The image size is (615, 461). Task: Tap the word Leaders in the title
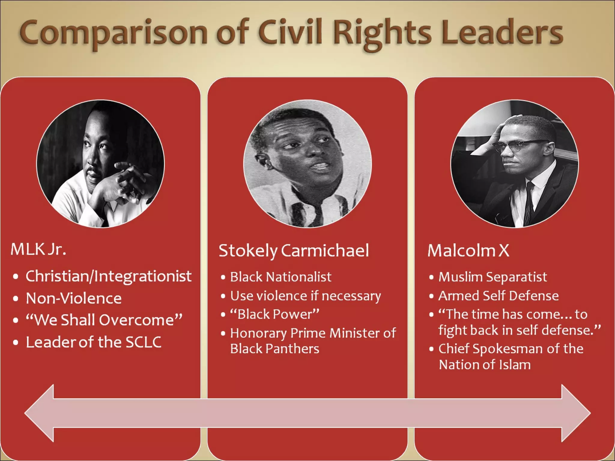click(502, 33)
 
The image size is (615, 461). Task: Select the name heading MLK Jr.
click(38, 249)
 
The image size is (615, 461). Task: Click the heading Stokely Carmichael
click(294, 251)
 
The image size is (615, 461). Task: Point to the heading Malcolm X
click(468, 251)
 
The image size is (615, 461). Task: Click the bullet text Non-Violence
click(74, 298)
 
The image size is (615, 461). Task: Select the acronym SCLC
click(143, 342)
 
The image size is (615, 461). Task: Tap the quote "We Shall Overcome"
click(104, 320)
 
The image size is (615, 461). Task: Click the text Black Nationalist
click(280, 277)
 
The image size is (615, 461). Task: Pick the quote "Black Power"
click(274, 314)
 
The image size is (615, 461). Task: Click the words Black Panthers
click(274, 349)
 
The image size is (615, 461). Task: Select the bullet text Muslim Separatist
click(492, 277)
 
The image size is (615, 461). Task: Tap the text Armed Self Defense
click(498, 296)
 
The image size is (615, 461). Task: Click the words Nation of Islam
click(485, 365)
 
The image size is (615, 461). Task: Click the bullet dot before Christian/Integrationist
click(16, 277)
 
